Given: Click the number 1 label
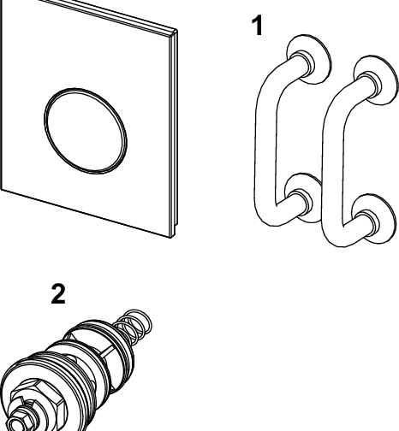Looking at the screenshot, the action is tap(258, 26).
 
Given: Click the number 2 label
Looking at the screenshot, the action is tap(58, 293).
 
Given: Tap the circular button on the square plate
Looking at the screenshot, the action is tap(86, 131).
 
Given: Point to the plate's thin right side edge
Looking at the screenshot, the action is tap(174, 133).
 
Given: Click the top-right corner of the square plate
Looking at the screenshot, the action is tap(176, 31).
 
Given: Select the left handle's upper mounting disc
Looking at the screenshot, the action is tap(309, 59).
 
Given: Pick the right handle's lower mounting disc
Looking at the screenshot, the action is tap(374, 219).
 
